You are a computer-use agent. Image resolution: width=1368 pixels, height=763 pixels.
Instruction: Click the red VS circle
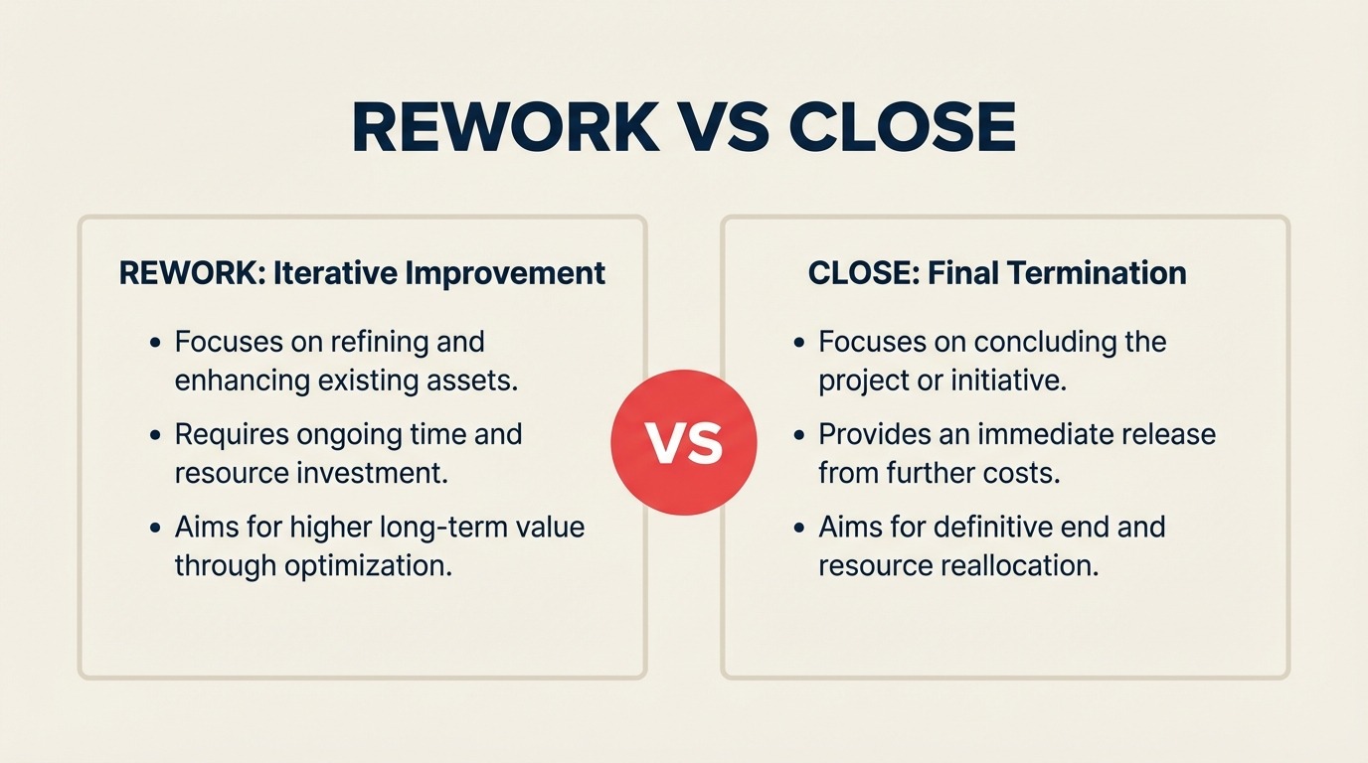(683, 442)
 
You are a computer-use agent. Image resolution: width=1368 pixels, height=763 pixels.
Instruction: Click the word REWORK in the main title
(505, 126)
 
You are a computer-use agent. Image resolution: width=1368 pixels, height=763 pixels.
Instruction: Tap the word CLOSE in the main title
(903, 126)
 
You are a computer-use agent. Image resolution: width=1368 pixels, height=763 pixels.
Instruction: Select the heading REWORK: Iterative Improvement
(362, 273)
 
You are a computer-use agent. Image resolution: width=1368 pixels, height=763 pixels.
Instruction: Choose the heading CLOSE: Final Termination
(997, 273)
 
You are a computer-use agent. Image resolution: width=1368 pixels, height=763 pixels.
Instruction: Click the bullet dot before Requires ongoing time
(155, 436)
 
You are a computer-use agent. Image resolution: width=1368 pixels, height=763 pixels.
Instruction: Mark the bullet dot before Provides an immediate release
(799, 436)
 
